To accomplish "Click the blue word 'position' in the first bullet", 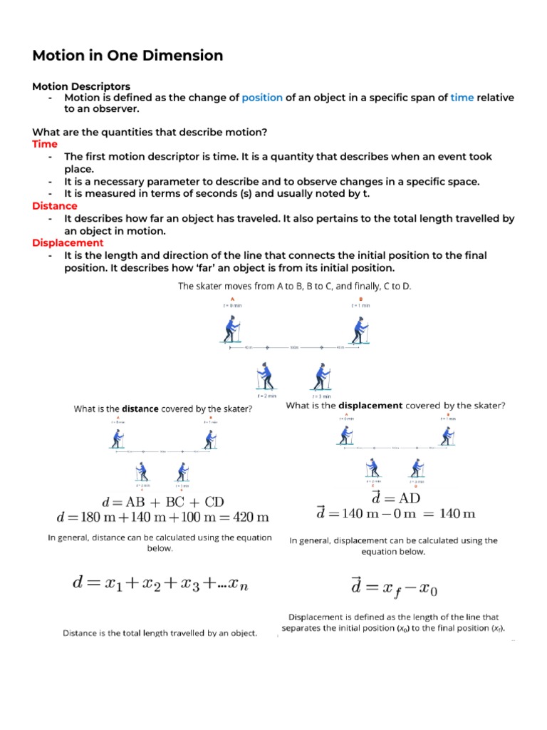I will click(262, 98).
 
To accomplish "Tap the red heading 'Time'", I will click(45, 144).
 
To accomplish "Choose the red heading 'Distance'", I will click(55, 206).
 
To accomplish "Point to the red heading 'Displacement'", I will click(68, 243).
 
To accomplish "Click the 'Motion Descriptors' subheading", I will click(81, 86).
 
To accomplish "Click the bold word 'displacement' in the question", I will click(375, 406).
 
